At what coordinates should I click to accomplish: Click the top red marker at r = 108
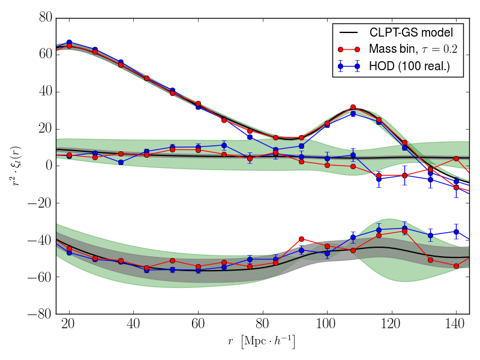pos(353,107)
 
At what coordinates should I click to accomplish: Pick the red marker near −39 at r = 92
pos(301,239)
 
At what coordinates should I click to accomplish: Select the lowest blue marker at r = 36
pos(121,162)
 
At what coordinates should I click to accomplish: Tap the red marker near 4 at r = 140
pos(456,158)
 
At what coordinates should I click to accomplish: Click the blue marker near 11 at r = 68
pos(224,145)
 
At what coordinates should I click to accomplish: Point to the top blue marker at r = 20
pos(69,43)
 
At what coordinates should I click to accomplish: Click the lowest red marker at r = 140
pos(456,266)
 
